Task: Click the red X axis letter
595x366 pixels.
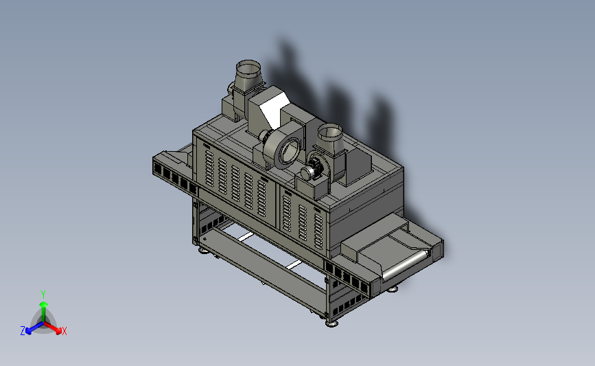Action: pyautogui.click(x=64, y=331)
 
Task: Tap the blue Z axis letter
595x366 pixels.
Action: pyautogui.click(x=23, y=331)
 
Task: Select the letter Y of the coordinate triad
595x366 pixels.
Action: pyautogui.click(x=43, y=295)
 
